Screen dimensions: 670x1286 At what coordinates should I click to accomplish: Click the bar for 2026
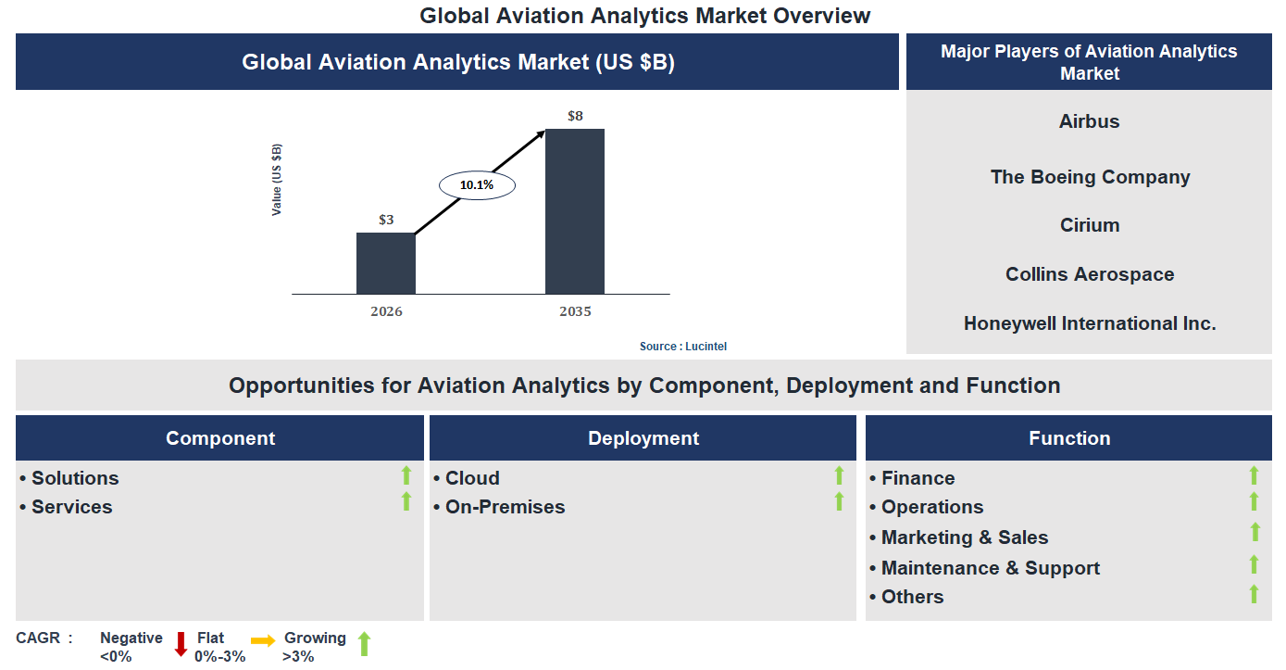pos(386,263)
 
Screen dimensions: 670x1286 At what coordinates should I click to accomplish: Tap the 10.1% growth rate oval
pos(477,185)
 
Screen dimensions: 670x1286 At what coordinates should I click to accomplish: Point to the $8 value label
pos(575,116)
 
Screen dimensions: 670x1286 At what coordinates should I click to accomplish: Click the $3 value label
pos(386,220)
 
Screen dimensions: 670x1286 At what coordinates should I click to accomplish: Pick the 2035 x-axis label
pos(575,311)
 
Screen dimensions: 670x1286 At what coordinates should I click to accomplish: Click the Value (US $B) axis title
pos(277,180)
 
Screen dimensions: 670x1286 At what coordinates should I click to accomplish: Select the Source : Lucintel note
pos(683,347)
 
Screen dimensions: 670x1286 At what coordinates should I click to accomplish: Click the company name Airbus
pos(1089,121)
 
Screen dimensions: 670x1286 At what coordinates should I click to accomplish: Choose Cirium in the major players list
pos(1090,225)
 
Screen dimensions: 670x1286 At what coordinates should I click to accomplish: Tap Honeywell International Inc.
pos(1090,323)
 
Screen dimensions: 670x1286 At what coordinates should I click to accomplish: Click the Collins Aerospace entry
pos(1090,274)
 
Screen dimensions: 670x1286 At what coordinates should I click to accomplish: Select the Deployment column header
pos(643,438)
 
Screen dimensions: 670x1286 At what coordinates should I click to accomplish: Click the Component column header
pos(220,438)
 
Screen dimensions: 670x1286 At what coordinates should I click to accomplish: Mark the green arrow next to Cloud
pos(839,475)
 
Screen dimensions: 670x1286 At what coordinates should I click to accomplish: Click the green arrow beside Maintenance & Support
pos(1255,564)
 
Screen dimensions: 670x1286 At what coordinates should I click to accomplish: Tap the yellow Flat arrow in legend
pos(263,640)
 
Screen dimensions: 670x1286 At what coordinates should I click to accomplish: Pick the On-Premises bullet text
pos(505,507)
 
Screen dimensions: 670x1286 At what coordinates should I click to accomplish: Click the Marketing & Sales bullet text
pos(964,537)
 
